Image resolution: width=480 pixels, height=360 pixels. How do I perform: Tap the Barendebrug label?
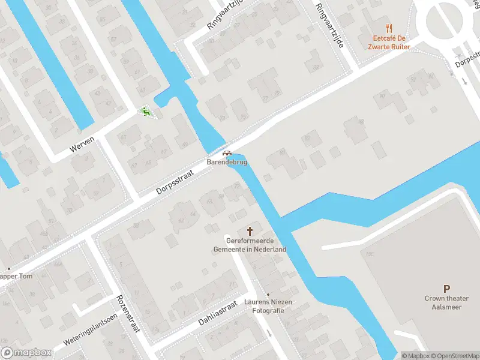[227, 162]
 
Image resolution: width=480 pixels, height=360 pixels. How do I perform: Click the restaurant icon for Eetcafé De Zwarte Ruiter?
[389, 28]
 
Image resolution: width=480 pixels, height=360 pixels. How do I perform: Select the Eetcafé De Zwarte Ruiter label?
[389, 42]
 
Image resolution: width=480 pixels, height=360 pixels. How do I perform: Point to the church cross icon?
[250, 231]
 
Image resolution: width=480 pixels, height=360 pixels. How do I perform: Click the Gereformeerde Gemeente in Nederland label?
[251, 245]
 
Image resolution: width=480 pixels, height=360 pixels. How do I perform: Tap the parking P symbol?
[446, 289]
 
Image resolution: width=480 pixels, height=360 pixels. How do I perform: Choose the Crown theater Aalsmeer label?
[445, 302]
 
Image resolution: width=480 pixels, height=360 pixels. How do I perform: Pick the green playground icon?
[145, 111]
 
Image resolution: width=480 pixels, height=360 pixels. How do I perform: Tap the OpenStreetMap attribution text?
[454, 356]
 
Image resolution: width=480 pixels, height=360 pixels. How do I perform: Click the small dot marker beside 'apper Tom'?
[8, 268]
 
